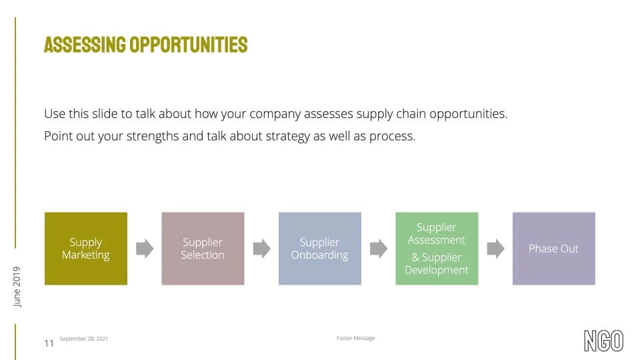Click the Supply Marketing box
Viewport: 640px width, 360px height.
tap(86, 248)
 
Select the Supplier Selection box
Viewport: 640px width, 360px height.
tap(203, 248)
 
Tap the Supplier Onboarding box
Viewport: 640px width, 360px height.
tap(320, 248)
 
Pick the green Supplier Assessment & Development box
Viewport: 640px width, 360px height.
tap(437, 248)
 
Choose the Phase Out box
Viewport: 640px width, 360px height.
tap(554, 248)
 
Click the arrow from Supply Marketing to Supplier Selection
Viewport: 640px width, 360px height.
tap(145, 249)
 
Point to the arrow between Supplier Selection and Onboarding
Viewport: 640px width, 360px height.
tap(261, 249)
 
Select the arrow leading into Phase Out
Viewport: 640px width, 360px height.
tap(495, 249)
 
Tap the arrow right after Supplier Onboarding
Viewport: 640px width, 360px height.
tap(379, 249)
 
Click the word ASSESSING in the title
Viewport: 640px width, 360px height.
tap(85, 45)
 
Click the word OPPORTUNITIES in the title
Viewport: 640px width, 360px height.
tap(189, 45)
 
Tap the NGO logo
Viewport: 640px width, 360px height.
tap(604, 341)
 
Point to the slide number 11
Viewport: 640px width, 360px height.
tap(49, 343)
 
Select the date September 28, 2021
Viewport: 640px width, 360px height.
tap(84, 339)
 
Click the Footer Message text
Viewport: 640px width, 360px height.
tap(355, 338)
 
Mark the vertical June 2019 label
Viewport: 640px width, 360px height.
tap(17, 287)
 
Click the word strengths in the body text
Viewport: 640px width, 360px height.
tap(153, 136)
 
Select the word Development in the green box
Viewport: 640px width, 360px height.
tap(437, 270)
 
